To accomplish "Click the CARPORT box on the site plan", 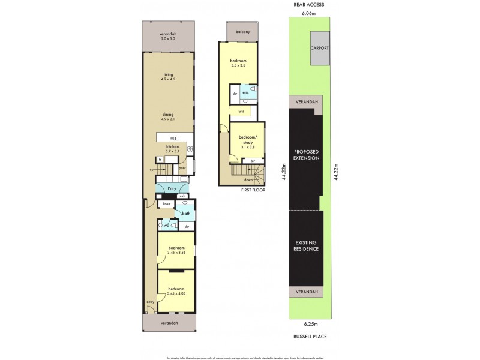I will pos(319,47).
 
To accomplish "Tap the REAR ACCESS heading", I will pos(310,5).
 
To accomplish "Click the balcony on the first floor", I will pos(242,31).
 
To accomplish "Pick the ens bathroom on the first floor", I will pos(245,92).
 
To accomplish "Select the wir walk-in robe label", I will pos(241,112).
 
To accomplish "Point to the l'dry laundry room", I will pos(172,190).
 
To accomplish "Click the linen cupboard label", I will pos(167,205).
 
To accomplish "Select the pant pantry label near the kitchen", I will pos(183,169).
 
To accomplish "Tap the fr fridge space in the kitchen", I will pos(160,159).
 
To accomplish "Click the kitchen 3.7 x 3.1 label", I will pos(172,149).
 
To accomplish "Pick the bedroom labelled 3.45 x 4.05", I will pos(176,290).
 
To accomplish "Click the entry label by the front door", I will pos(150,302).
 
